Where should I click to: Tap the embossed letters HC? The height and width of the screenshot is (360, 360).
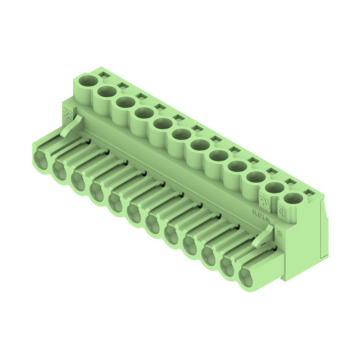click(x=279, y=234)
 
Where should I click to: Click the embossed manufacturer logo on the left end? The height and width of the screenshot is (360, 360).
click(x=67, y=113)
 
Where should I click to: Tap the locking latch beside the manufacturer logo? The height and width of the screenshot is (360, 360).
click(x=72, y=126)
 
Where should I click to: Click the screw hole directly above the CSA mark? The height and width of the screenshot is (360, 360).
click(x=293, y=198)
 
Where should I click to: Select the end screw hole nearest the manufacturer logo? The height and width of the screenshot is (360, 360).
click(x=88, y=81)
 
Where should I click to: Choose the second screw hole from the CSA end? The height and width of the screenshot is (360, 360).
click(x=274, y=188)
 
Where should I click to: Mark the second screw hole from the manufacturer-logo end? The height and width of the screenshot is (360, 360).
click(x=107, y=92)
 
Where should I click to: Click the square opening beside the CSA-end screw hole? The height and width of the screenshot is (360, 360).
click(x=309, y=193)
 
